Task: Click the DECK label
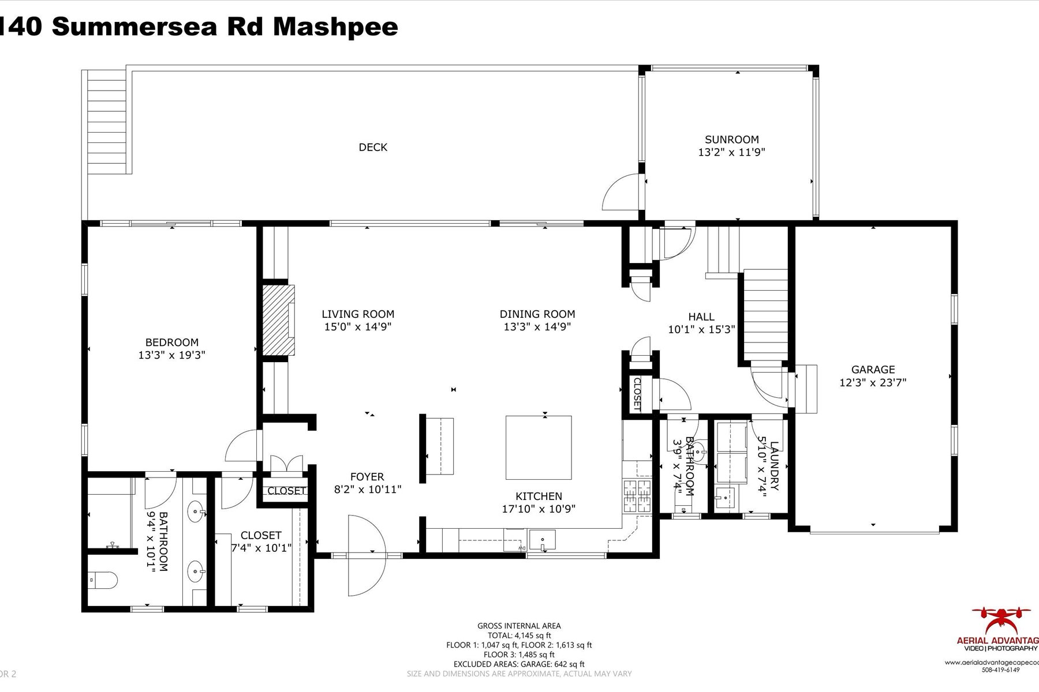(373, 147)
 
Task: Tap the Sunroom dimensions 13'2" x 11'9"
(731, 153)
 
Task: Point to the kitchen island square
(539, 447)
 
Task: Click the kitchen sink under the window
(542, 541)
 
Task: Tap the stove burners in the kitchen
(636, 497)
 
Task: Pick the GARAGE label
(873, 370)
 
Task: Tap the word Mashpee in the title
(335, 27)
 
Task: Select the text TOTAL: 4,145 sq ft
(519, 635)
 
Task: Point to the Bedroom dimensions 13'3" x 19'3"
(171, 355)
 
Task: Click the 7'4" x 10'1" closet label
(261, 548)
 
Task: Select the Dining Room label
(537, 314)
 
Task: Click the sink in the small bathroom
(698, 451)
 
